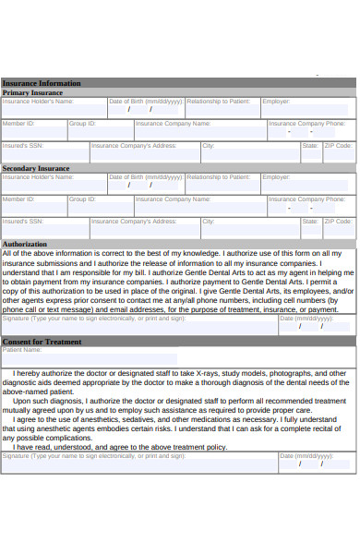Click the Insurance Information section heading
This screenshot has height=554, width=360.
click(42, 83)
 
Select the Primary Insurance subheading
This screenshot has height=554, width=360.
click(32, 92)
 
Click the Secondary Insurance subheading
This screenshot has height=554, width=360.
click(36, 168)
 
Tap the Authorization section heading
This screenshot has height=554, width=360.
click(25, 244)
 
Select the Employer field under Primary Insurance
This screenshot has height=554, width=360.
click(307, 109)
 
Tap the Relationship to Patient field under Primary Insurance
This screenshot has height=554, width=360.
click(222, 109)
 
